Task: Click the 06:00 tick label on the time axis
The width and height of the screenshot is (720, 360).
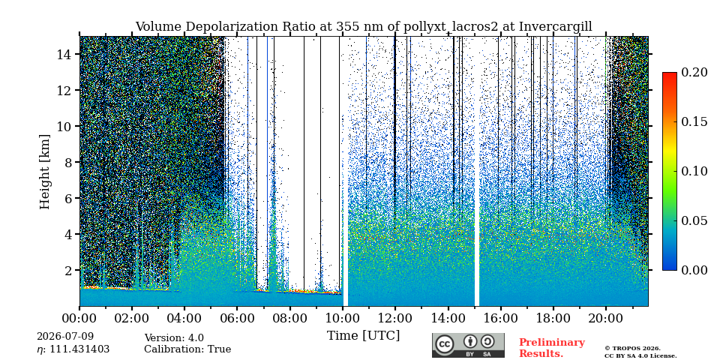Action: (237, 318)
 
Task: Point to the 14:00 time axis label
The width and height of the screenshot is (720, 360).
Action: (448, 318)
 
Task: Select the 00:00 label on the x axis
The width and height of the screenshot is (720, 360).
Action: (79, 318)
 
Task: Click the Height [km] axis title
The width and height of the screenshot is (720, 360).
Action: (44, 171)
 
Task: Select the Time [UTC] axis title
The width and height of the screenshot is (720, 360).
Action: (363, 336)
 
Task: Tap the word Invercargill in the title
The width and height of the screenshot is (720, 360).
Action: (556, 27)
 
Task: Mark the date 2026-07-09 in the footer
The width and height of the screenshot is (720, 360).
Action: (65, 337)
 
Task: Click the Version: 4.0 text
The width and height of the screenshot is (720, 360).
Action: (174, 338)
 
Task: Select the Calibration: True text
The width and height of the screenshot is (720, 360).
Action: (187, 349)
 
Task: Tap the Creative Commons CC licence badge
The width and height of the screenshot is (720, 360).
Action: (468, 345)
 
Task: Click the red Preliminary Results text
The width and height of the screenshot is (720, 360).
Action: (552, 348)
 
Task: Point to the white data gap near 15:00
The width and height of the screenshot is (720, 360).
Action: (477, 171)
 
